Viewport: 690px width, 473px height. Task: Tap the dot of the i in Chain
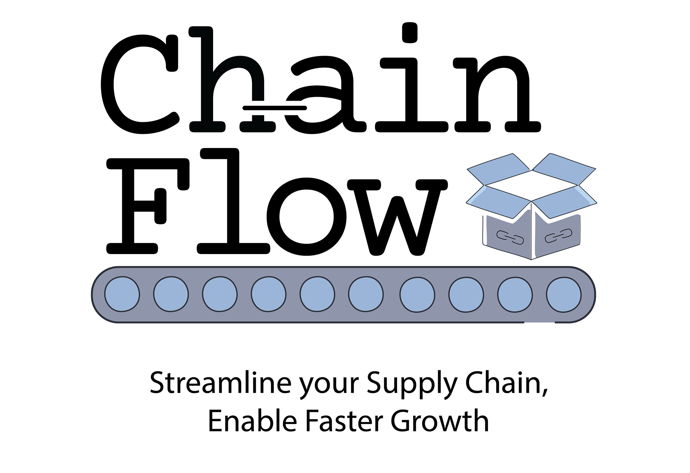(409, 32)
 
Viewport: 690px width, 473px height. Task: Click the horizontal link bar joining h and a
(275, 107)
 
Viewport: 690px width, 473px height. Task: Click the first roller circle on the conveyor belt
(122, 294)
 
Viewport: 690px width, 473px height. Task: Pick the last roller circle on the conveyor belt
(563, 294)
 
